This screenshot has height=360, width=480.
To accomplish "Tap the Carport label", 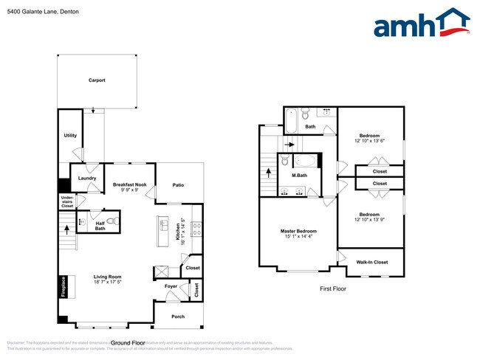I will click(97, 80).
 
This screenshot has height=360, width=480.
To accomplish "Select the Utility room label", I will click(70, 136).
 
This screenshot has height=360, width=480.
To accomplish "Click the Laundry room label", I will click(87, 178).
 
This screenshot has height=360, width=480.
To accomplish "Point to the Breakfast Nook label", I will click(130, 184).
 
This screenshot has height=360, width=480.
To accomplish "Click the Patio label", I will click(178, 185).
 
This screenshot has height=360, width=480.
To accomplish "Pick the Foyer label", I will click(171, 285).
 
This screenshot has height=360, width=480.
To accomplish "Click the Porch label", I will click(178, 316).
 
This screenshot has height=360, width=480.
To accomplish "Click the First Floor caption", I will click(332, 288).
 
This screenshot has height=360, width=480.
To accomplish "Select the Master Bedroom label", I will click(298, 232).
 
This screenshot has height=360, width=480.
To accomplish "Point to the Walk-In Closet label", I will click(371, 262).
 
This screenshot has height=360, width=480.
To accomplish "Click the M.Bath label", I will click(299, 176).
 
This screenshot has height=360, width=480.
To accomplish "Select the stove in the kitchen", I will click(196, 229).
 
